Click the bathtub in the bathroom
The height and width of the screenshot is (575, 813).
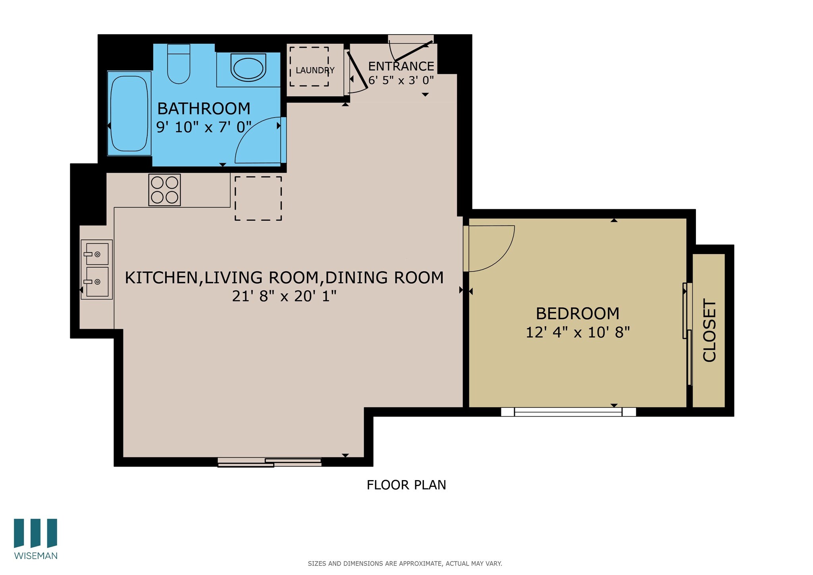pos(129,114)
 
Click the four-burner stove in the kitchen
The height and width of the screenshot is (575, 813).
pos(165,190)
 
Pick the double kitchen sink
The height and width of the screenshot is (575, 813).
pos(97,269)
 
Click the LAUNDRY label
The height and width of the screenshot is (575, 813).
pos(315,71)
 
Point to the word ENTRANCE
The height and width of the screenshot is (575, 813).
pos(401,66)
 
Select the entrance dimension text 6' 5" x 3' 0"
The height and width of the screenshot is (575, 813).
pos(401,81)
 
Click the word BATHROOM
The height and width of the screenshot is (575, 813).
pos(204,108)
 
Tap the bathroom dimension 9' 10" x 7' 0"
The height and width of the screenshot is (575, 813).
pos(204,127)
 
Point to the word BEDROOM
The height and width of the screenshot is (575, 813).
pos(578,314)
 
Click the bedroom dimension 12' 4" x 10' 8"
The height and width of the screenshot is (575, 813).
pos(578,332)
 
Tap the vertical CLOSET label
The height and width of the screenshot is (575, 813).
pos(709,330)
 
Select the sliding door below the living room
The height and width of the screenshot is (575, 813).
pos(270,462)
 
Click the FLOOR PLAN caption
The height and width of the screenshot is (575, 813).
pos(406,485)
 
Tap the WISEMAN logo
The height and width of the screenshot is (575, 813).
pos(36,539)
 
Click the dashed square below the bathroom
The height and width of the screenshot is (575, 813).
pos(258,198)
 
